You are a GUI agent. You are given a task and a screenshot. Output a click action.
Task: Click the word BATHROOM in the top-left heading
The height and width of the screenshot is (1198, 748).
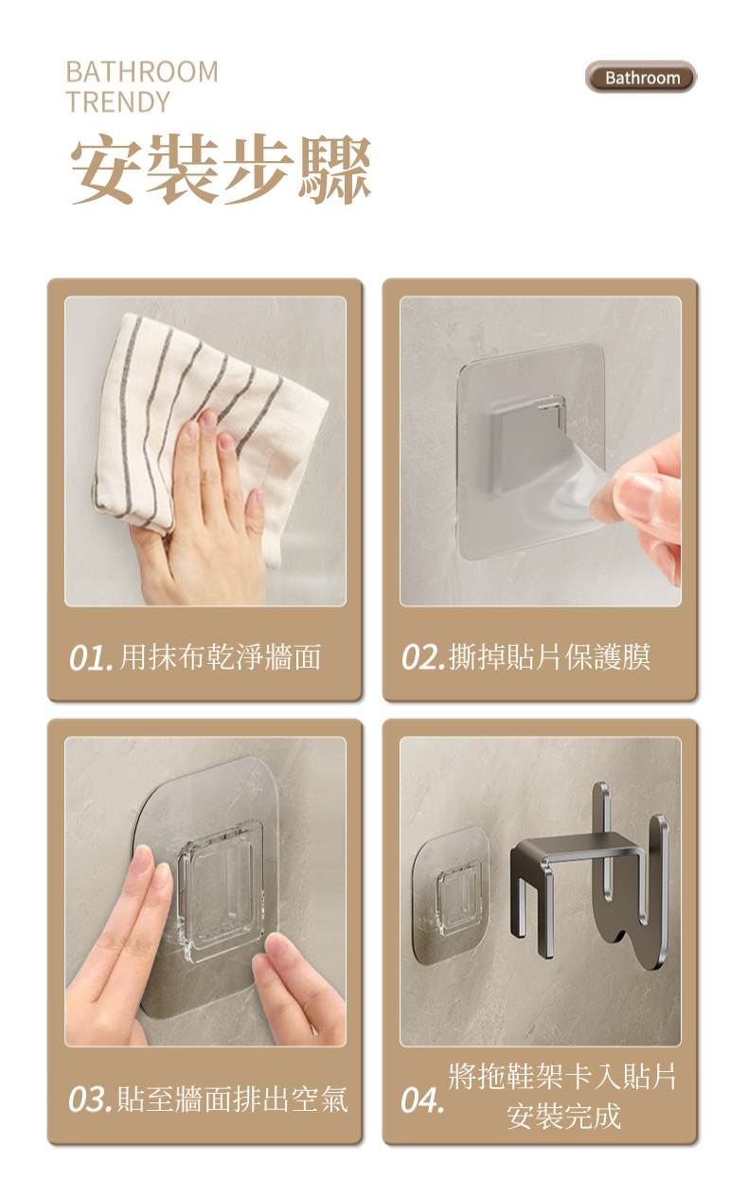[142, 72]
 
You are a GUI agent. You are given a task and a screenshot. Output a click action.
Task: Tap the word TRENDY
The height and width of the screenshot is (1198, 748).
[117, 102]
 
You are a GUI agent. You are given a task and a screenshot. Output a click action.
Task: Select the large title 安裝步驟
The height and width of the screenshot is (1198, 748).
[221, 170]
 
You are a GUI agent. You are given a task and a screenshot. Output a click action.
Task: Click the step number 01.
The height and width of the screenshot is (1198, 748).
[90, 658]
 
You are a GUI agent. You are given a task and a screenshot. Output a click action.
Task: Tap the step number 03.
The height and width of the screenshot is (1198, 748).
[90, 1100]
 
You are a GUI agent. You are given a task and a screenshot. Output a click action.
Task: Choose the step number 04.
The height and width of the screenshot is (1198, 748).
[422, 1100]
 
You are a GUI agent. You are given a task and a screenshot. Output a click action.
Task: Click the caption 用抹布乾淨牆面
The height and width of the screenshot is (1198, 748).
[221, 657]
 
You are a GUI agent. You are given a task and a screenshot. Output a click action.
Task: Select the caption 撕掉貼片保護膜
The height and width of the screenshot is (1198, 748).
[550, 657]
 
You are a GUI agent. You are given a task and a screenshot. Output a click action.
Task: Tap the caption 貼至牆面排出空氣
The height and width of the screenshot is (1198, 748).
[232, 1100]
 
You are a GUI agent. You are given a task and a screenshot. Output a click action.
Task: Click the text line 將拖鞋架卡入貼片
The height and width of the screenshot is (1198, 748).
[562, 1076]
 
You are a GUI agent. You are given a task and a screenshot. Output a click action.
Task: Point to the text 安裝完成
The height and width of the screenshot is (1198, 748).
[564, 1117]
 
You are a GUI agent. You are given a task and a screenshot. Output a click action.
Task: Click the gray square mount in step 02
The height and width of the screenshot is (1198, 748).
[523, 443]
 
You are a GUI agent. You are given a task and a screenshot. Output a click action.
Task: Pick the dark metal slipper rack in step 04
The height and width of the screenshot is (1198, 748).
[589, 877]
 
